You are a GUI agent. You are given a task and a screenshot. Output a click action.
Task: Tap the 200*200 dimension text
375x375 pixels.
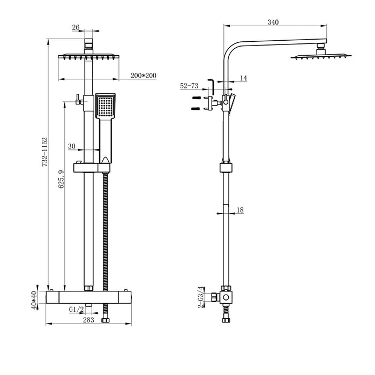(143, 76)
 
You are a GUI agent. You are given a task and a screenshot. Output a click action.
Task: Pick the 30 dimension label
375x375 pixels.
(72, 146)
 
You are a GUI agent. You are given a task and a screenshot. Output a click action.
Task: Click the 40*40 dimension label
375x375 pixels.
(34, 300)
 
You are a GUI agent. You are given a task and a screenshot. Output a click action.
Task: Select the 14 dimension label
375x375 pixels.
(243, 78)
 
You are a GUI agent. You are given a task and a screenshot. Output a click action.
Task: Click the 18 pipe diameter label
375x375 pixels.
(239, 210)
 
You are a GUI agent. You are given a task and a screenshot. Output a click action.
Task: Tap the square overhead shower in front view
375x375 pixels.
(90, 56)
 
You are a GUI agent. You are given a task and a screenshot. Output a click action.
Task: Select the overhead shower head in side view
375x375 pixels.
(321, 54)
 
